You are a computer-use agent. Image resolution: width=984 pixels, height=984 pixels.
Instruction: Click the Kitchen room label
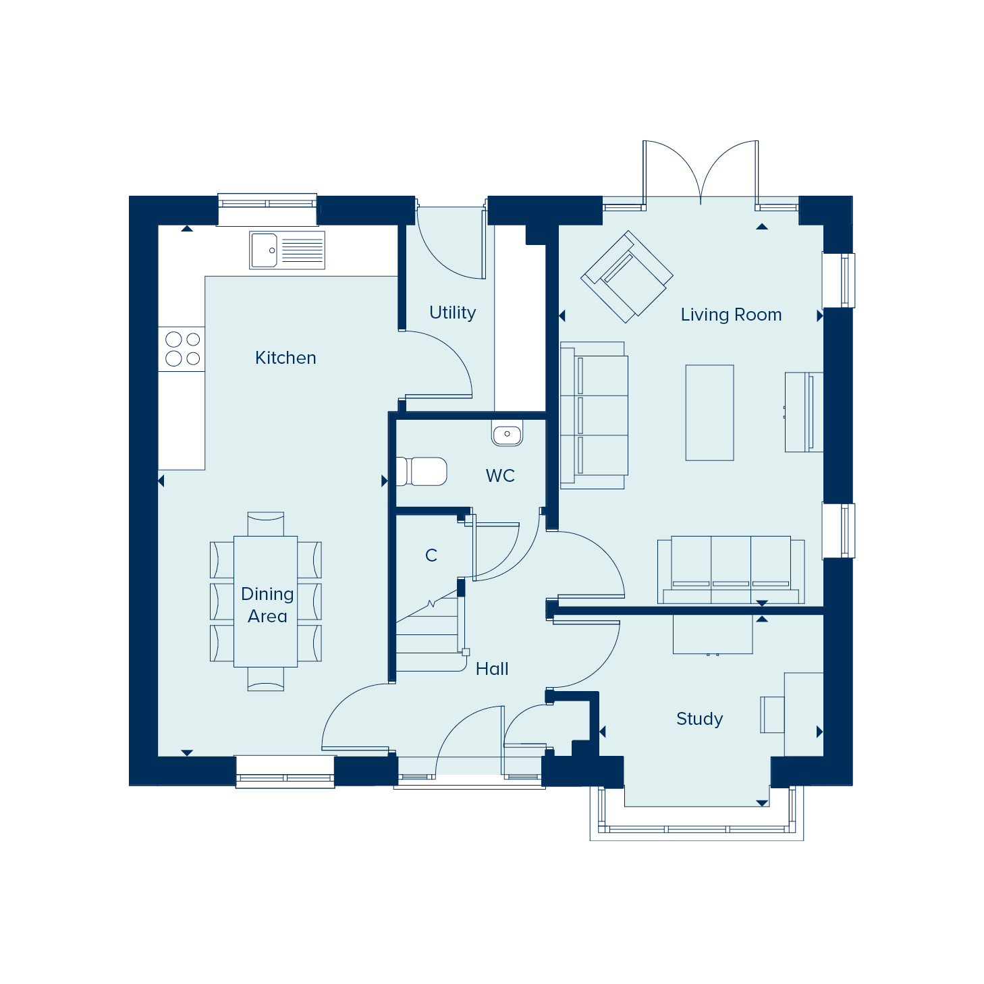click(x=285, y=358)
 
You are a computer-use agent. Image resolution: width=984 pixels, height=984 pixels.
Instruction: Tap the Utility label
click(x=452, y=312)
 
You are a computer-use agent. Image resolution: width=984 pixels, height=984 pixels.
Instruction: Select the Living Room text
click(x=731, y=315)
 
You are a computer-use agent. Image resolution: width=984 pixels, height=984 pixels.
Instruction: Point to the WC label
click(x=500, y=476)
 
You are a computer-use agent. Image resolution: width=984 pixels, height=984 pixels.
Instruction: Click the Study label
click(x=700, y=719)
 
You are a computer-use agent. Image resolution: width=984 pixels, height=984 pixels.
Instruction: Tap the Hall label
click(x=492, y=669)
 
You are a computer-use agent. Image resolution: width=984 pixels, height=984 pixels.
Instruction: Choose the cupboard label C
click(x=431, y=555)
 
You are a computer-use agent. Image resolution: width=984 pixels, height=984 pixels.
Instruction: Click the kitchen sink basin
click(x=264, y=250)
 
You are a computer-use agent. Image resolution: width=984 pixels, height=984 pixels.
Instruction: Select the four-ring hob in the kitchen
click(x=182, y=350)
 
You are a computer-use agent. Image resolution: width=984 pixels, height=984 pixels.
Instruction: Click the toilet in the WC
click(x=422, y=471)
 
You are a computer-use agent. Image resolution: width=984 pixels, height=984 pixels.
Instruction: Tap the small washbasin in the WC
click(x=507, y=433)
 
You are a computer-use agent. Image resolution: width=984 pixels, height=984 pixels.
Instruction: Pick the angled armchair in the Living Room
click(x=627, y=277)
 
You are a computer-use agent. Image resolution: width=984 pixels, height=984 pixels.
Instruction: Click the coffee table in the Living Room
click(x=709, y=412)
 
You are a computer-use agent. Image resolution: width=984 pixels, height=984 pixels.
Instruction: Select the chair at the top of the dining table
click(x=265, y=524)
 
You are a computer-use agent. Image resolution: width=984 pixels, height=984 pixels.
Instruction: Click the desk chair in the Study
click(x=772, y=715)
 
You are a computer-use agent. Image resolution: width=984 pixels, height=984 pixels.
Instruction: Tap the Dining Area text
click(x=267, y=605)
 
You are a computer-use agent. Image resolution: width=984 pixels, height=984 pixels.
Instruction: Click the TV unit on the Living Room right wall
click(x=804, y=412)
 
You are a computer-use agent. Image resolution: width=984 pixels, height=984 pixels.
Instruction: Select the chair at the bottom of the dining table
click(x=265, y=679)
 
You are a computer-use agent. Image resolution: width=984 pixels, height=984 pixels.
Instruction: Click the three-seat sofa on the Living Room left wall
click(x=594, y=415)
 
